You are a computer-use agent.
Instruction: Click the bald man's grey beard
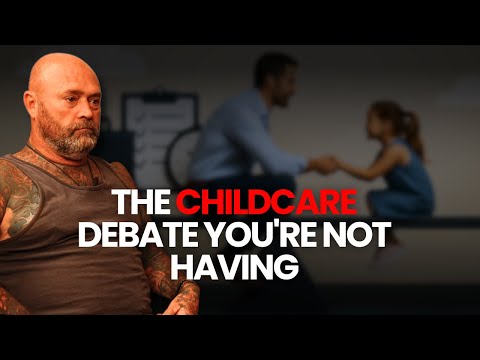(74, 140)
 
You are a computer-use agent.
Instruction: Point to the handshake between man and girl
(325, 162)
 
